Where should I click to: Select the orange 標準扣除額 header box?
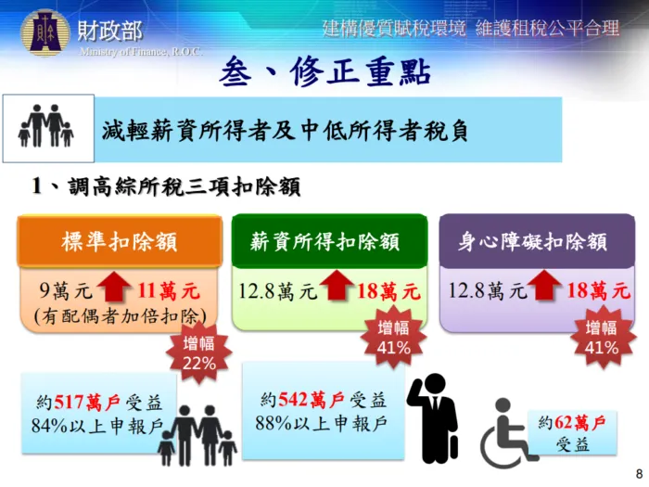120,242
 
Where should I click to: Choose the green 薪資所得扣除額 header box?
329,242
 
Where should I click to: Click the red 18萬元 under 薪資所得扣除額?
388,291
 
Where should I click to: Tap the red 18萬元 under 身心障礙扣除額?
598,291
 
